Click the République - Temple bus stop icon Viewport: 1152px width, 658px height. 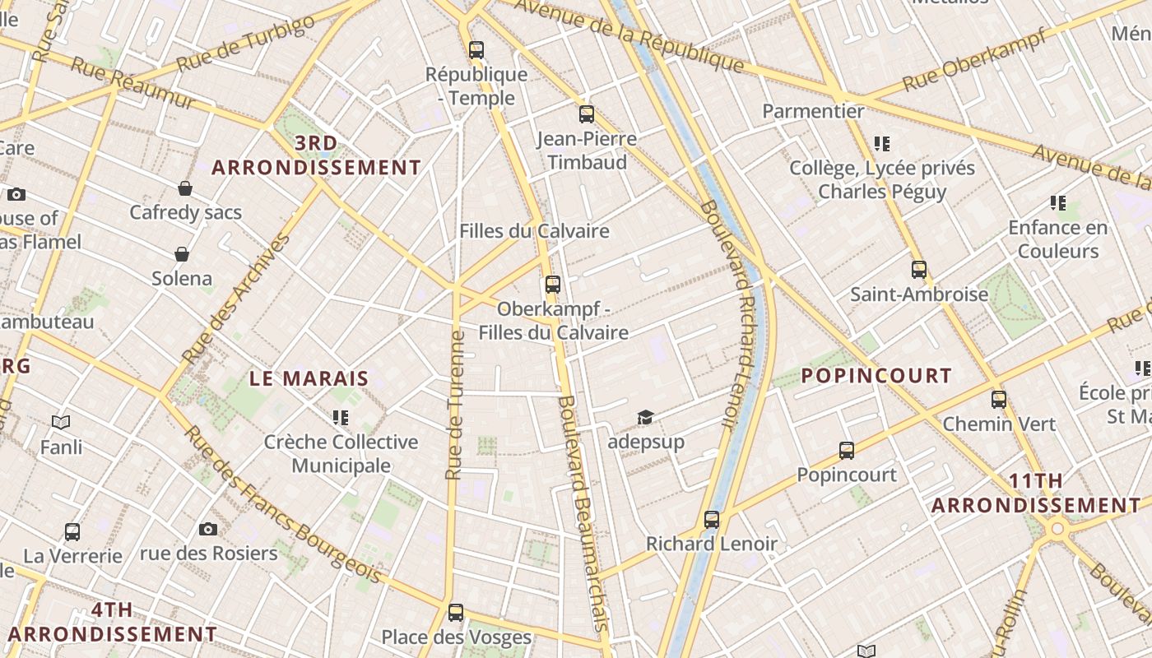click(476, 49)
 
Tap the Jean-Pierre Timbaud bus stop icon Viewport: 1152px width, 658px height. click(587, 114)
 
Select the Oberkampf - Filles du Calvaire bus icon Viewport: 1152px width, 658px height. click(553, 285)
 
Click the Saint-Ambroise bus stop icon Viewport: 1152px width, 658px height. click(919, 269)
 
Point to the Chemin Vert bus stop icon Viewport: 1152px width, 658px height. click(999, 400)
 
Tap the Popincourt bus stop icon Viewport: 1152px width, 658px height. click(847, 450)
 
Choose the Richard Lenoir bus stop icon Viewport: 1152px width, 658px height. click(712, 519)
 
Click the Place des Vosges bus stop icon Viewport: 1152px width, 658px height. click(456, 612)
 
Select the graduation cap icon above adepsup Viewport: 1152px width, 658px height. click(645, 418)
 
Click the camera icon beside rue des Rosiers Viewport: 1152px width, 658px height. click(208, 529)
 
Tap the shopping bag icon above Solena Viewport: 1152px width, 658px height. click(182, 254)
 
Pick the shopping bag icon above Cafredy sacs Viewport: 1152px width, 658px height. click(185, 188)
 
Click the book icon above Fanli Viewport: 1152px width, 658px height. click(61, 423)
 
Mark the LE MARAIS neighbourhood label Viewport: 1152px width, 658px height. click(309, 379)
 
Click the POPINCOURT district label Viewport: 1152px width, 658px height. click(876, 376)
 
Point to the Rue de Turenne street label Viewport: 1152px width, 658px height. click(454, 405)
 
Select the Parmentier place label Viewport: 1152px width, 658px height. click(813, 111)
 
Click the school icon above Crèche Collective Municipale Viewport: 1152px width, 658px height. click(341, 418)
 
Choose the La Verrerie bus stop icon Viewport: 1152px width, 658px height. click(72, 531)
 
